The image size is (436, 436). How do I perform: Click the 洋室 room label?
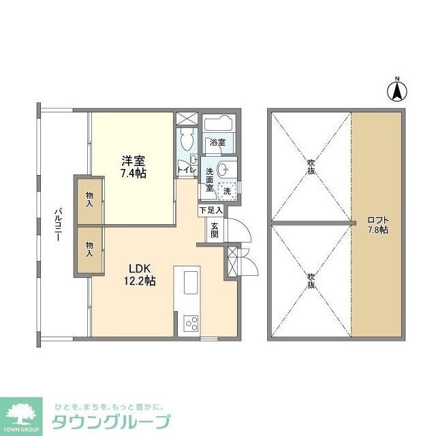[x=134, y=161]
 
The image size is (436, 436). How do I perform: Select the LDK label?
[x=135, y=267]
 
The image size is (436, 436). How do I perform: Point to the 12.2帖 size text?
[x=139, y=280]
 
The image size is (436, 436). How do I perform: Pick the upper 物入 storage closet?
[x=89, y=200]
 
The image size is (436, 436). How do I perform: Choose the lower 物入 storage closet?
[x=89, y=249]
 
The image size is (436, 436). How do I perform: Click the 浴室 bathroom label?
[x=217, y=143]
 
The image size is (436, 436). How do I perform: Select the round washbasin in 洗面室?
[x=228, y=169]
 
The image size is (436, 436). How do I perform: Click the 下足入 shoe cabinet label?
[x=209, y=212]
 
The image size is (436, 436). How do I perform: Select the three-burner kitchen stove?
[x=190, y=323]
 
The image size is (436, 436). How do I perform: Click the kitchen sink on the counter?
[x=189, y=279]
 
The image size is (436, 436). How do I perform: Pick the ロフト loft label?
[x=377, y=225]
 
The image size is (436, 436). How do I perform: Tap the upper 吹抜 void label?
[x=311, y=166]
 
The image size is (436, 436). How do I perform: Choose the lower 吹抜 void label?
[x=311, y=280]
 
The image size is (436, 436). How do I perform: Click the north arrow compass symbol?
[x=397, y=89]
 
